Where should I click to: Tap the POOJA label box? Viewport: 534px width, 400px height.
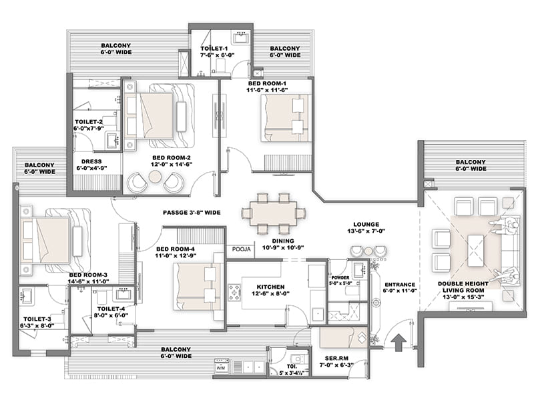click(x=241, y=249)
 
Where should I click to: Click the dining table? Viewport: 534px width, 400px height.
click(x=274, y=213)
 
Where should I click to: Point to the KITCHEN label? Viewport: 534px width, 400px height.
click(x=270, y=287)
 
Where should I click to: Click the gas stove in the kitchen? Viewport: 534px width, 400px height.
click(x=235, y=293)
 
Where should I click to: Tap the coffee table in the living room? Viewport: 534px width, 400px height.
click(x=476, y=250)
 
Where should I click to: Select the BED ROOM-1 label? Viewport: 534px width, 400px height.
click(x=267, y=83)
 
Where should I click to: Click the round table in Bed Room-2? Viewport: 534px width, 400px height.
click(x=156, y=177)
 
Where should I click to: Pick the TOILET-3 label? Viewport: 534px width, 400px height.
click(x=37, y=319)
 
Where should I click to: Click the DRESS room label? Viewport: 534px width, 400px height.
click(x=91, y=161)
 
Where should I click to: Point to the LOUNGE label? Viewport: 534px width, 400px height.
click(x=366, y=225)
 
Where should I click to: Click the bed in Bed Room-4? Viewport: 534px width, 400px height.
click(x=198, y=287)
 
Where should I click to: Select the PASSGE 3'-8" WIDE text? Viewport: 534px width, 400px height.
click(x=192, y=213)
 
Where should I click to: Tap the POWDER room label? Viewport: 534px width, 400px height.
click(x=340, y=277)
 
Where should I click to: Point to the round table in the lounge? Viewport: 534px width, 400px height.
click(x=368, y=251)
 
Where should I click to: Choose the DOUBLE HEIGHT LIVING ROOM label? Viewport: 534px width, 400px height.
click(x=463, y=287)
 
